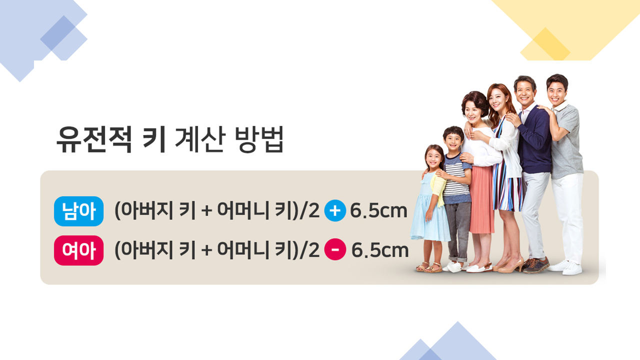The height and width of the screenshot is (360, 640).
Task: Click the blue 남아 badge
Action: point(79,211)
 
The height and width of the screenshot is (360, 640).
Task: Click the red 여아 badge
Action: point(79,250)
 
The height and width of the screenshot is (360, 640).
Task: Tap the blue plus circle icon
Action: point(335,211)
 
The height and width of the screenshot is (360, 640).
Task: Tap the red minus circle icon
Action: point(335,249)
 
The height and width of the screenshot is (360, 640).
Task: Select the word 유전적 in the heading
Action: point(94,139)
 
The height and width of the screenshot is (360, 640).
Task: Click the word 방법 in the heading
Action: point(259,139)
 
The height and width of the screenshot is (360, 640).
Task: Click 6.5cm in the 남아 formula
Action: point(379,211)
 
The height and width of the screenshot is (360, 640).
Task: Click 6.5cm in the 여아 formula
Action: point(379,250)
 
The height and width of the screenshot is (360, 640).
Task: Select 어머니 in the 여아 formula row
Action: point(243,250)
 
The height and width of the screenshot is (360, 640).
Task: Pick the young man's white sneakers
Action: point(567,267)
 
